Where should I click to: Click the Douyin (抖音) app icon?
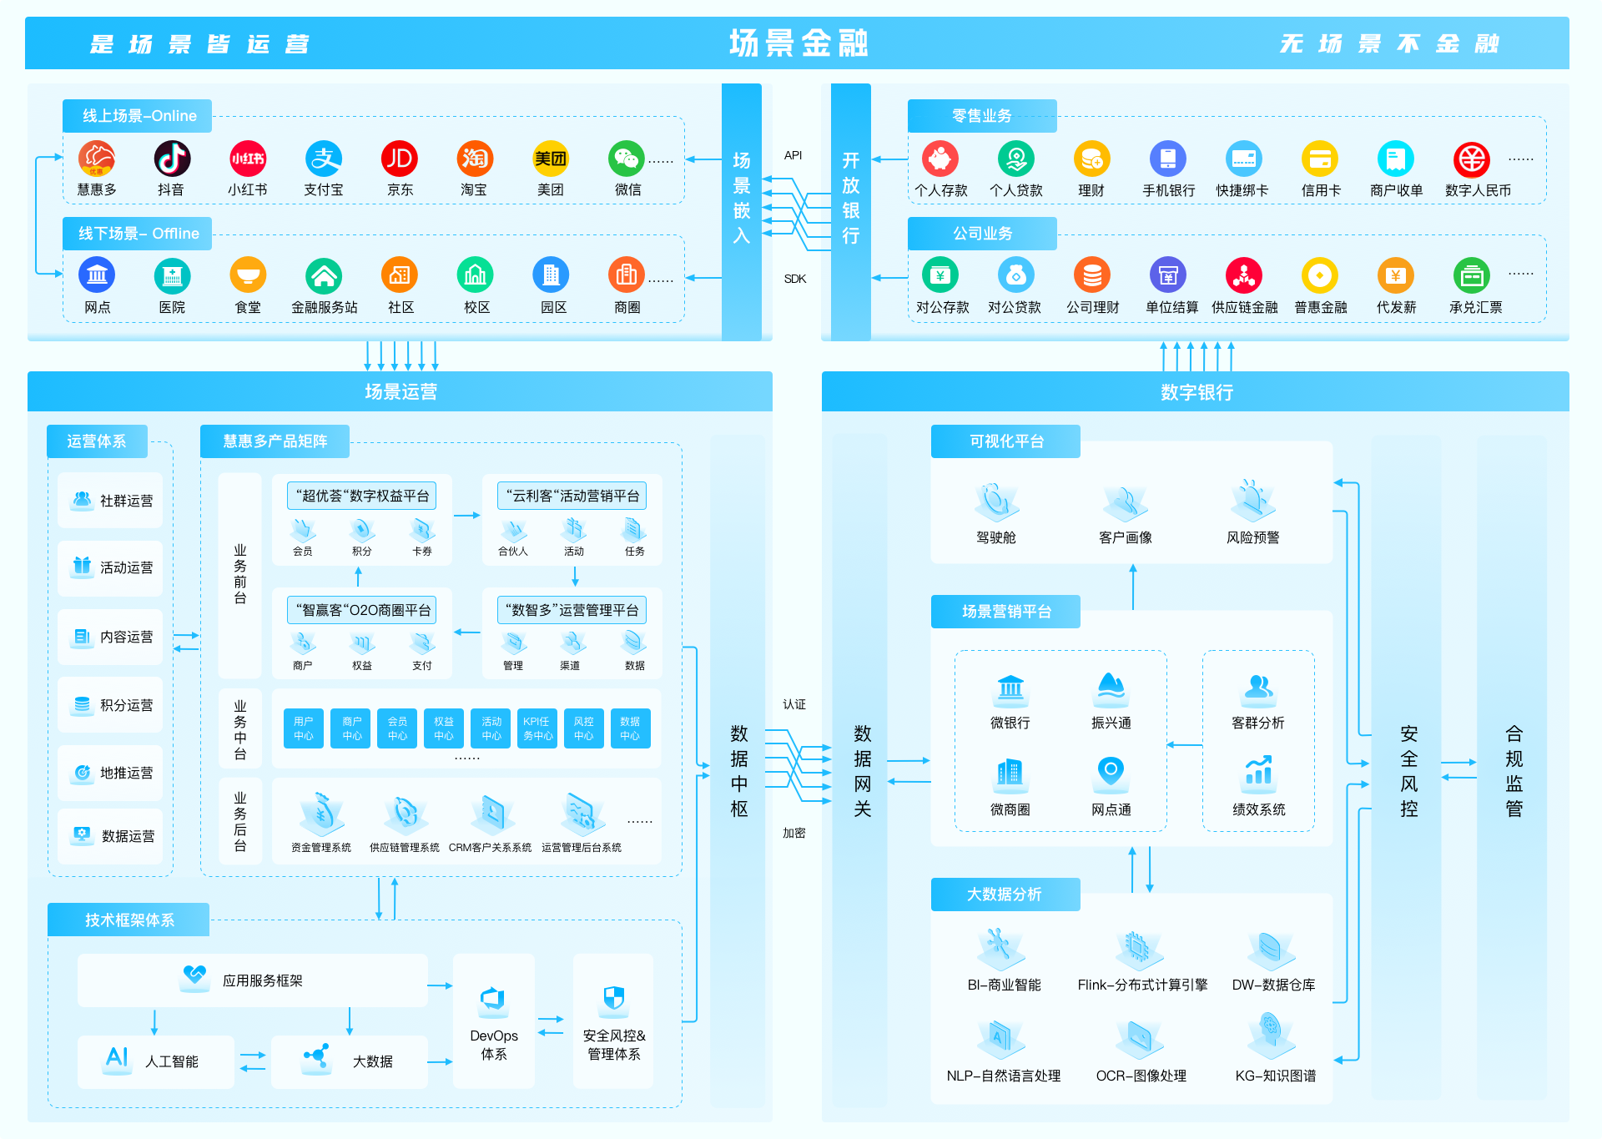[x=172, y=159]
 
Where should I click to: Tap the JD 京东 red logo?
[x=400, y=159]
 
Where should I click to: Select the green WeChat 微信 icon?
[x=627, y=159]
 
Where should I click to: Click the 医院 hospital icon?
[x=172, y=275]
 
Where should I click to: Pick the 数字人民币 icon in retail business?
[x=1472, y=159]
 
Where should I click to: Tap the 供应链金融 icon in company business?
[x=1244, y=275]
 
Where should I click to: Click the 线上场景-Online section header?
[x=138, y=116]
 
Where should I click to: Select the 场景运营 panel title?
[x=400, y=391]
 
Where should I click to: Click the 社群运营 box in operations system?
[x=111, y=501]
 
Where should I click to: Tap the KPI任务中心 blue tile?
[x=537, y=728]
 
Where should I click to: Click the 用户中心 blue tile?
[x=304, y=728]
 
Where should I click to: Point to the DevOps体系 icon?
[x=493, y=1000]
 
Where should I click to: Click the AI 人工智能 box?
[x=156, y=1061]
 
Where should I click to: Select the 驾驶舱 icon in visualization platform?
[x=996, y=501]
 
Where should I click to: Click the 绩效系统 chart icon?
[x=1258, y=771]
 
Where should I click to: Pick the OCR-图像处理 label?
[x=1141, y=1076]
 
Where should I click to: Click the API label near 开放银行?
[x=793, y=155]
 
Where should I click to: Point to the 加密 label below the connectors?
[x=794, y=833]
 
